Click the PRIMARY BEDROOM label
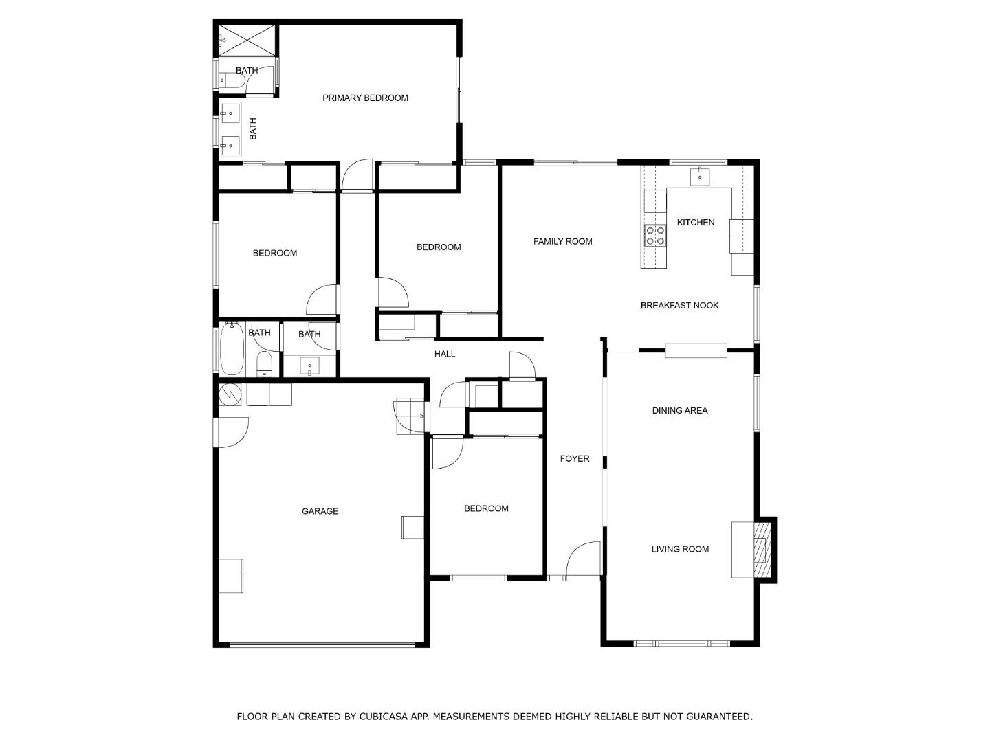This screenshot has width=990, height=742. [365, 98]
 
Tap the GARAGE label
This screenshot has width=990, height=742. [320, 511]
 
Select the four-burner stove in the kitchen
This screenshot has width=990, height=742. [654, 236]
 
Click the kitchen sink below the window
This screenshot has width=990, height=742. [700, 177]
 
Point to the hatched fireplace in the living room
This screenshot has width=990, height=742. [761, 550]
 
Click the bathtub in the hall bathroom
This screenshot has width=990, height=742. [231, 349]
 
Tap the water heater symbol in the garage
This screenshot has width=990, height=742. [230, 394]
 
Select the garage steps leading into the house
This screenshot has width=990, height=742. [410, 416]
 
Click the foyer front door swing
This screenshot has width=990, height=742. [583, 559]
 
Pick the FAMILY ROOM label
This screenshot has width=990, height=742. [562, 241]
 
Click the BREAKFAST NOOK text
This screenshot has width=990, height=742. [679, 306]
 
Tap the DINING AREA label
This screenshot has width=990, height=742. [679, 411]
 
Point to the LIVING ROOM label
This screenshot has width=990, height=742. [679, 549]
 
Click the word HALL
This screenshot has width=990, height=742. [445, 355]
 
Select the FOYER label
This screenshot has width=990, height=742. [574, 459]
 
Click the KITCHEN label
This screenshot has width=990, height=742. [695, 223]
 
